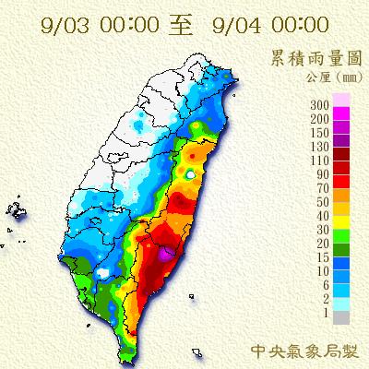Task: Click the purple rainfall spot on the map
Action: coord(163,252)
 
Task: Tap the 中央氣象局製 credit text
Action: coord(305,351)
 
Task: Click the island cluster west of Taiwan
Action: coord(16,210)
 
